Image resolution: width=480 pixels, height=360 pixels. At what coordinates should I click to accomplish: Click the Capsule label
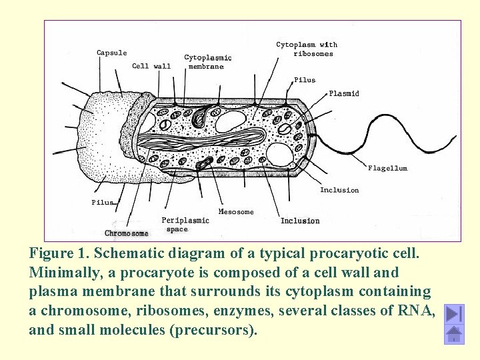111,53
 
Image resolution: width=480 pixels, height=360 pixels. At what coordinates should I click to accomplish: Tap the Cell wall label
151,66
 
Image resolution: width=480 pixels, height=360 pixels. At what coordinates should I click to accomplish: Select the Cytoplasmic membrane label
207,62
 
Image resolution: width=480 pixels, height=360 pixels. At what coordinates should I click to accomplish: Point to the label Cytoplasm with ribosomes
307,49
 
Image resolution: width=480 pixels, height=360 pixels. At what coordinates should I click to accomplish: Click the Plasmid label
344,94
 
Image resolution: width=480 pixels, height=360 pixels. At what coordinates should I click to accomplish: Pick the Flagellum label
387,169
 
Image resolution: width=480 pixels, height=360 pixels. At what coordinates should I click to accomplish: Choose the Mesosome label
236,212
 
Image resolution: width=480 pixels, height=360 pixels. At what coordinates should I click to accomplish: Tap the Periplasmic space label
185,225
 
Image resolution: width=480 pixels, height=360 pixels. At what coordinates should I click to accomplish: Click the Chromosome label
127,233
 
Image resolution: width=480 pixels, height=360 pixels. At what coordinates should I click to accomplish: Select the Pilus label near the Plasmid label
305,80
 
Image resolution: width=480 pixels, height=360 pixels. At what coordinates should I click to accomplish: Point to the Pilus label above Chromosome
102,202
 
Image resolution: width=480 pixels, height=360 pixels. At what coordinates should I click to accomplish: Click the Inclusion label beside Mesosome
300,221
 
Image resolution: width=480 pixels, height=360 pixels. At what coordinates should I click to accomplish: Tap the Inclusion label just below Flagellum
339,190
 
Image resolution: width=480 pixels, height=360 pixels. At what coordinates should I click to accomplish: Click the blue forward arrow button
454,314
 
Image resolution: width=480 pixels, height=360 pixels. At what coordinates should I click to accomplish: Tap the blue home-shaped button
454,335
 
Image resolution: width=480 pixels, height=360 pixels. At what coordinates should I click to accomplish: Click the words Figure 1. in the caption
58,254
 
